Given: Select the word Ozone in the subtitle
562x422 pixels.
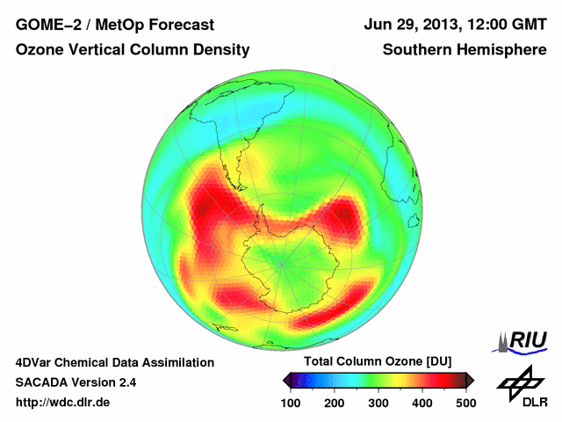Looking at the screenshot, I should (x=40, y=50).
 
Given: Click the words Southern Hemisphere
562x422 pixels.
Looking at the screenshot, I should (x=465, y=50).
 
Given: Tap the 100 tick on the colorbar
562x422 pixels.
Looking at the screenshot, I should (x=290, y=403).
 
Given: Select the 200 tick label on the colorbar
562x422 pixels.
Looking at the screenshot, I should (x=334, y=403).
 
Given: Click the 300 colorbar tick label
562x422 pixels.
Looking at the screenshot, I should (x=378, y=403).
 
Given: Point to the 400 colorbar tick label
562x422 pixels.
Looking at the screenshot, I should (x=421, y=403).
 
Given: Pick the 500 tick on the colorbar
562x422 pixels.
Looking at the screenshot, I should (x=465, y=403).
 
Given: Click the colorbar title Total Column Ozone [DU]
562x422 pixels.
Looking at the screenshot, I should (x=378, y=362).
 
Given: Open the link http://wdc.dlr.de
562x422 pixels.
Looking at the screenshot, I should (x=63, y=403).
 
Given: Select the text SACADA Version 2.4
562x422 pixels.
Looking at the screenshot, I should (x=76, y=382).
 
